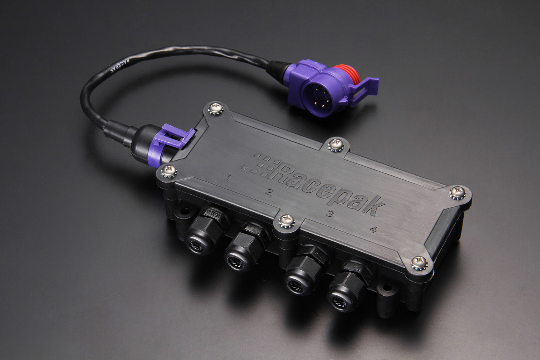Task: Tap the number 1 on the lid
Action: coord(228,177)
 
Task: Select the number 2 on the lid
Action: coord(269,192)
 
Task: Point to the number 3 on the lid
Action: coord(330,214)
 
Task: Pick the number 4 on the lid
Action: coord(373,230)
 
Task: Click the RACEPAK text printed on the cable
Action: coord(126,63)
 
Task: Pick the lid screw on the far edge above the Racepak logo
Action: coord(335,144)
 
